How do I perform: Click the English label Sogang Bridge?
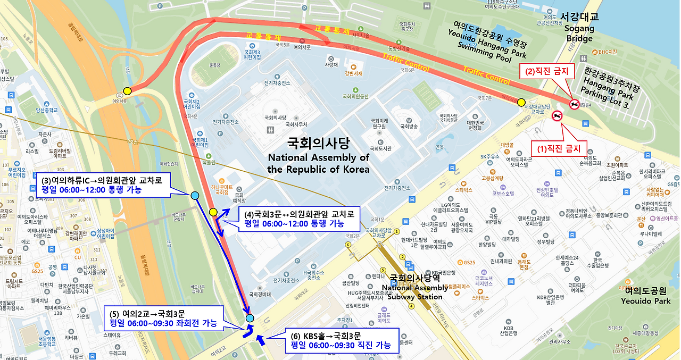tap(579, 34)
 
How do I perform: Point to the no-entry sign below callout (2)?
tap(574, 104)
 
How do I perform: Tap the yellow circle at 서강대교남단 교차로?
tap(521, 102)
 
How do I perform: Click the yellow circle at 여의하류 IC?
tap(127, 90)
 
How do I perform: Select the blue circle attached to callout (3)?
tap(195, 196)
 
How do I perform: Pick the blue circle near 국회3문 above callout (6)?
tap(250, 318)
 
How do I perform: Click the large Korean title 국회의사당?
tap(318, 143)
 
